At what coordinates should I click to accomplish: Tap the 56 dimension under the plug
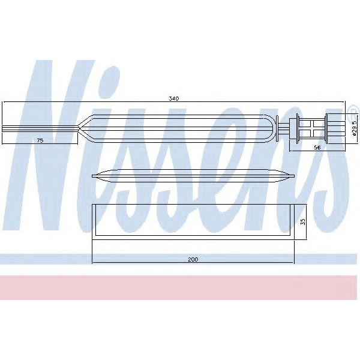(x=317, y=146)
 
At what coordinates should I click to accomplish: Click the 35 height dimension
(x=302, y=221)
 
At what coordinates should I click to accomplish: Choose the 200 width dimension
(x=192, y=259)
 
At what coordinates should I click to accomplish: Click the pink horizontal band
(x=180, y=287)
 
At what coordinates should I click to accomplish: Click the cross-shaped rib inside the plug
(x=314, y=127)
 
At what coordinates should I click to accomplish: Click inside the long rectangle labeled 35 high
(x=192, y=221)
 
